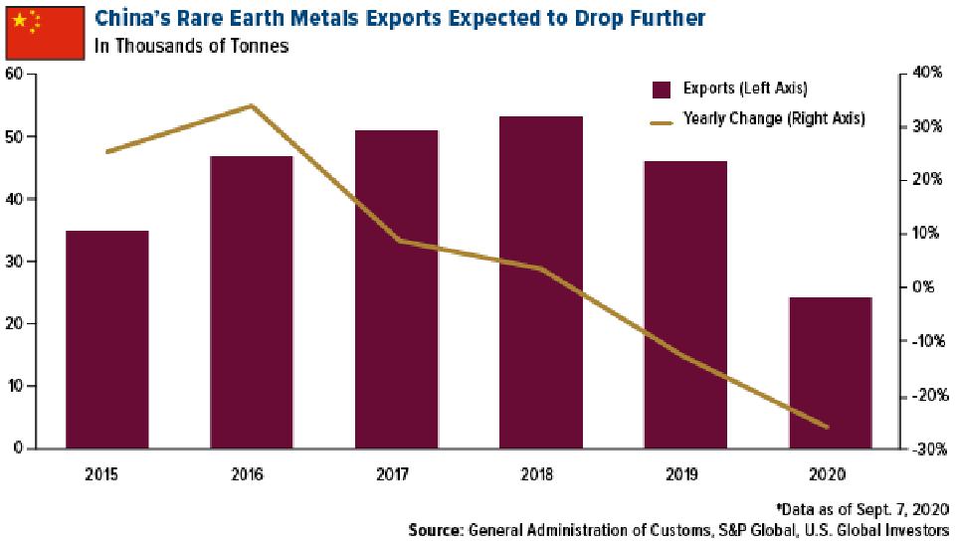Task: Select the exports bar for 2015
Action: pyautogui.click(x=107, y=339)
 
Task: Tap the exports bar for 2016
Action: pyautogui.click(x=252, y=302)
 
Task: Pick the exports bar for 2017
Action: pyautogui.click(x=396, y=289)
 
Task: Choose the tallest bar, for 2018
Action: pyautogui.click(x=541, y=282)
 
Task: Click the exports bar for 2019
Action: pyautogui.click(x=685, y=304)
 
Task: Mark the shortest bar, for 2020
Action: pyautogui.click(x=830, y=372)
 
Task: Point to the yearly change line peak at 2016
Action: pyautogui.click(x=252, y=105)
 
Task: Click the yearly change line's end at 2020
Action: pyautogui.click(x=828, y=428)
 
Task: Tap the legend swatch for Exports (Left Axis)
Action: pyautogui.click(x=663, y=90)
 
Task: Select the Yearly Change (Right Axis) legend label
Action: pyautogui.click(x=773, y=118)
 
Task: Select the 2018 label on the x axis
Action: pyautogui.click(x=541, y=473)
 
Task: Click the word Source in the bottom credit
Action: pyautogui.click(x=434, y=530)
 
